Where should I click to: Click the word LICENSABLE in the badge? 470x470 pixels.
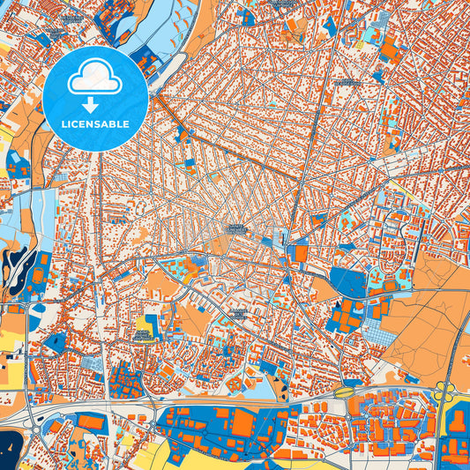point(95,124)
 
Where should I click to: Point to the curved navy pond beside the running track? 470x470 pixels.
point(12,257)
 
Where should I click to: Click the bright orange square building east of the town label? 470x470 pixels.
point(302,254)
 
